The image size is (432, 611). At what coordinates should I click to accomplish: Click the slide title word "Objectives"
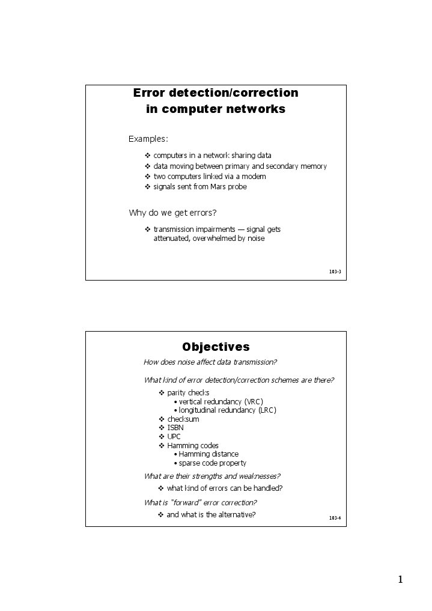pyautogui.click(x=216, y=347)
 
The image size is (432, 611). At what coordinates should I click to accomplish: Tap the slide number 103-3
pyautogui.click(x=335, y=272)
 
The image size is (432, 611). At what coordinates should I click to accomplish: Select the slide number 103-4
pyautogui.click(x=335, y=518)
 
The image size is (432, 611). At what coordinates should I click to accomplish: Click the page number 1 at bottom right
pyautogui.click(x=400, y=580)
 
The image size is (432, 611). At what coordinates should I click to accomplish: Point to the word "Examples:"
pyautogui.click(x=148, y=139)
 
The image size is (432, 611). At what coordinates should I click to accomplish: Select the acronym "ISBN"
pyautogui.click(x=175, y=428)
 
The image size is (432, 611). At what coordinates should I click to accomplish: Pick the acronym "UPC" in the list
pyautogui.click(x=174, y=437)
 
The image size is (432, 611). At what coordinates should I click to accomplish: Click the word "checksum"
pyautogui.click(x=183, y=419)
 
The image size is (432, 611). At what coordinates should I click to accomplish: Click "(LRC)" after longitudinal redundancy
pyautogui.click(x=267, y=410)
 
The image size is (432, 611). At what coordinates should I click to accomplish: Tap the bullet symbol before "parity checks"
pyautogui.click(x=161, y=393)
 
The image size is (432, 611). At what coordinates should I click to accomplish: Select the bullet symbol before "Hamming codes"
pyautogui.click(x=161, y=446)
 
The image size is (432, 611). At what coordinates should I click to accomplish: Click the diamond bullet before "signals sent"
pyautogui.click(x=148, y=187)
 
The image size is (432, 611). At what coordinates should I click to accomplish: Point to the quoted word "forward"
pyautogui.click(x=187, y=502)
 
